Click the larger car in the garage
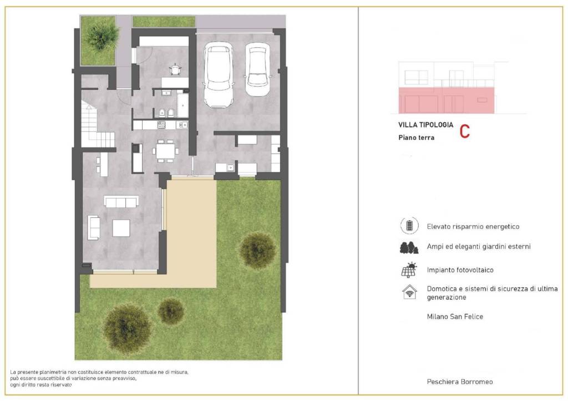click(x=218, y=75)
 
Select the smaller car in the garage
click(x=257, y=69)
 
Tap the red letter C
click(x=465, y=131)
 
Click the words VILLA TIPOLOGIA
click(x=425, y=125)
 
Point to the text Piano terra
click(x=416, y=138)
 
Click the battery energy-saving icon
click(x=409, y=225)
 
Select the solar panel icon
click(x=409, y=270)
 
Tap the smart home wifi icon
click(x=410, y=292)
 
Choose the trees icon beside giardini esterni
click(x=409, y=247)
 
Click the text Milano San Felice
click(x=455, y=317)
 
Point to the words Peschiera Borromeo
click(x=460, y=382)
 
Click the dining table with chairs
click(x=165, y=151)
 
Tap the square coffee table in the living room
click(x=121, y=228)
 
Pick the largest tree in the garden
click(x=127, y=329)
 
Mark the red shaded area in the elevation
click(x=447, y=100)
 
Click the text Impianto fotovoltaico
click(x=460, y=270)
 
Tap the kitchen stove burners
click(x=161, y=125)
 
